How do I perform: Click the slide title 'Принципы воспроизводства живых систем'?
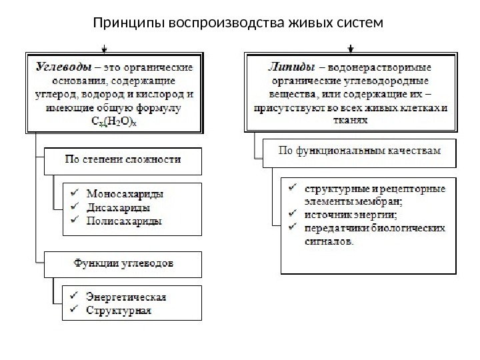click(239, 25)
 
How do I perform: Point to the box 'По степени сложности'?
click(123, 160)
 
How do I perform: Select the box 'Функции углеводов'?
click(123, 264)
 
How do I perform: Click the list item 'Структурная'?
click(119, 309)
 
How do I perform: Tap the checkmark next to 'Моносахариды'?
click(75, 194)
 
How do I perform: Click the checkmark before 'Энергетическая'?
click(75, 297)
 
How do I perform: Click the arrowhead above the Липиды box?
click(351, 49)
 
